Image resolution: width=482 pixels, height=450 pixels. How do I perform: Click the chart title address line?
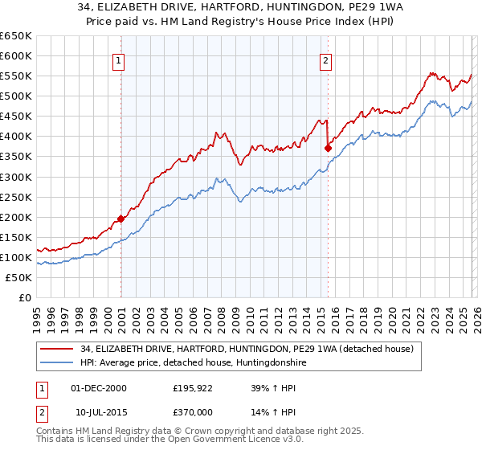tap(241, 7)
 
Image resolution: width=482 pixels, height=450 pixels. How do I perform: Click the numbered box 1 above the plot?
tap(119, 60)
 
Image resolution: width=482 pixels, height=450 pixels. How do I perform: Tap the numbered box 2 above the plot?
tap(326, 60)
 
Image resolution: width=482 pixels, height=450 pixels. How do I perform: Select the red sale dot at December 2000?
tap(120, 218)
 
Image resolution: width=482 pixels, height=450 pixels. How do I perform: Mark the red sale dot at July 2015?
tap(328, 148)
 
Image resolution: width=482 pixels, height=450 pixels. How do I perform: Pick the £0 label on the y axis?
tap(25, 297)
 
